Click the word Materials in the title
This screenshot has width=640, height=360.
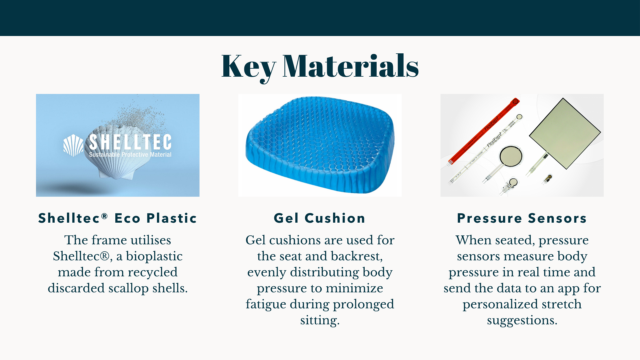(x=351, y=66)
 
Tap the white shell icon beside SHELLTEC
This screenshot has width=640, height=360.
(x=73, y=145)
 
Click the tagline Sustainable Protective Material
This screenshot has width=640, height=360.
(x=130, y=155)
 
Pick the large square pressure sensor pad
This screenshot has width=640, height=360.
(x=565, y=133)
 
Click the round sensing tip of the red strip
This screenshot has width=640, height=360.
(x=516, y=101)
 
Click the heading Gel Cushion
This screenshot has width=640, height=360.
(x=320, y=218)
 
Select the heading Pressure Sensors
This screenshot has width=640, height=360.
(x=522, y=218)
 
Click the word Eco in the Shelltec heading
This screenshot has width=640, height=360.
(x=128, y=218)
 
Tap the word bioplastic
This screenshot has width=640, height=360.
(x=154, y=256)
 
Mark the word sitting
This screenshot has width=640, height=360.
(x=320, y=320)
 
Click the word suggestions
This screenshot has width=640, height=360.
(x=522, y=320)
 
